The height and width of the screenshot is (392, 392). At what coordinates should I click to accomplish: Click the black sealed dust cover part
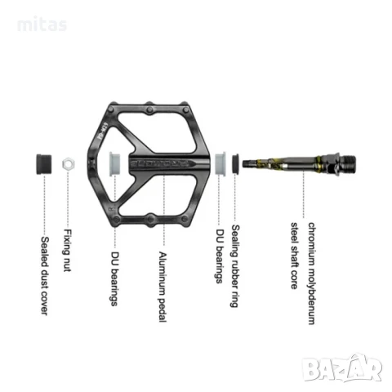pos(44,164)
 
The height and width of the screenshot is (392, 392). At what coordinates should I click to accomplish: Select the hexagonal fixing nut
pos(68,164)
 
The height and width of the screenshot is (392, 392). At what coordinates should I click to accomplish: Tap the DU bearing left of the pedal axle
pos(114,163)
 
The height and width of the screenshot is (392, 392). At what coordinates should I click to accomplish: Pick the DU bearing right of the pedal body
pos(220,163)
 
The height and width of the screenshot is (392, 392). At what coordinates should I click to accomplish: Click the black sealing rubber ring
pos(235,163)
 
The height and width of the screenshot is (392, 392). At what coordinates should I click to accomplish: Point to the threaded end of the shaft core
pos(348,163)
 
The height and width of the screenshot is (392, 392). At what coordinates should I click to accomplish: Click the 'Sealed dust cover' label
pos(45,276)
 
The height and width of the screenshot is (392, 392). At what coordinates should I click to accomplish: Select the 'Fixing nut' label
pos(67,250)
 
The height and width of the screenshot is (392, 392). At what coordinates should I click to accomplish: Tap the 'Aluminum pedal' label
pos(163,287)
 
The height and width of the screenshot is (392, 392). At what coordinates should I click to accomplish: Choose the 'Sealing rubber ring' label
pos(235,266)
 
